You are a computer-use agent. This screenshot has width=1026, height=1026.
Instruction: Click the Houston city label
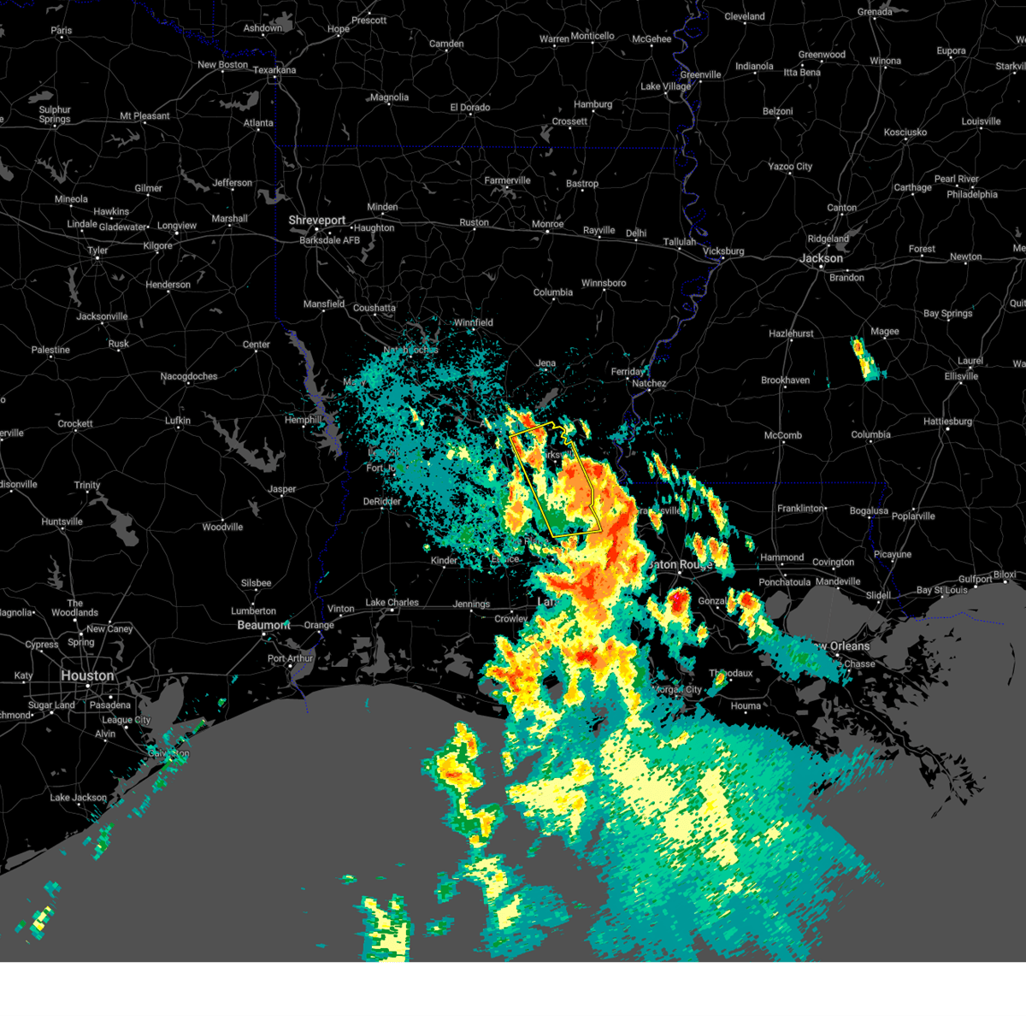pyautogui.click(x=87, y=675)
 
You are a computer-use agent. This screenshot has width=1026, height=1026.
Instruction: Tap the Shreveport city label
pyautogui.click(x=317, y=221)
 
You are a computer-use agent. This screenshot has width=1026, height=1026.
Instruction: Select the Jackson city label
pyautogui.click(x=822, y=258)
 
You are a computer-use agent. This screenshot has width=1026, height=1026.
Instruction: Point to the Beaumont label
pyautogui.click(x=263, y=625)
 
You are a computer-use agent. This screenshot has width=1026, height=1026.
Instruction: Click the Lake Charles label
pyautogui.click(x=392, y=603)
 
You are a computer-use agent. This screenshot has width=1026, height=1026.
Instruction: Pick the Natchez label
pyautogui.click(x=649, y=384)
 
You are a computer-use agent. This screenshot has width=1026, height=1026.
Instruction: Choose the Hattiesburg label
pyautogui.click(x=947, y=422)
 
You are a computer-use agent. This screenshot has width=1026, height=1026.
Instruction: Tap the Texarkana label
pyautogui.click(x=274, y=71)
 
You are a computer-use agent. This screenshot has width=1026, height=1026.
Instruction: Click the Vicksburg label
pyautogui.click(x=723, y=251)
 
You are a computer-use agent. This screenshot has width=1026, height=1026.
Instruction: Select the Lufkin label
pyautogui.click(x=178, y=421)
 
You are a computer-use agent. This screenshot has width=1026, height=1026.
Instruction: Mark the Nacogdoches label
pyautogui.click(x=189, y=377)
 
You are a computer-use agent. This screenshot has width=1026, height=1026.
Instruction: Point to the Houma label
pyautogui.click(x=746, y=706)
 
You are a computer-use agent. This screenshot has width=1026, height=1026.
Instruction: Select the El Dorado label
pyautogui.click(x=470, y=108)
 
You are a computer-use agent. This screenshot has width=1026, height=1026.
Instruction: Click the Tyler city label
pyautogui.click(x=97, y=251)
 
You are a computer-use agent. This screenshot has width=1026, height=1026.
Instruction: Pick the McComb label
pyautogui.click(x=782, y=436)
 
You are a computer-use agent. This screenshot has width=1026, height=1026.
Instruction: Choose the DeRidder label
pyautogui.click(x=382, y=502)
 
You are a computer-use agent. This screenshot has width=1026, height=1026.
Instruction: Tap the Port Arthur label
pyautogui.click(x=291, y=659)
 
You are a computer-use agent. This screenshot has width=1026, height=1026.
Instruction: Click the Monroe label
pyautogui.click(x=548, y=225)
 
